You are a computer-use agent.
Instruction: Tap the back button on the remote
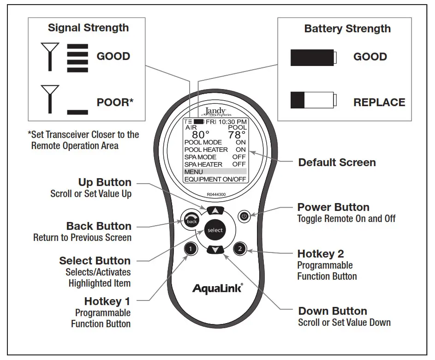(191, 221)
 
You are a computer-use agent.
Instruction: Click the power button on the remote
(244, 216)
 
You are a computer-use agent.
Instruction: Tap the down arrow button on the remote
(215, 250)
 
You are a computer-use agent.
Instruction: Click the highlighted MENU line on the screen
(215, 172)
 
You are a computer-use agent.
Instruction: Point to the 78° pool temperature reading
(237, 135)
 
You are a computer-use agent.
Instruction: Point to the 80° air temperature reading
(201, 135)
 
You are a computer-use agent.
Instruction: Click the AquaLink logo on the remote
(217, 288)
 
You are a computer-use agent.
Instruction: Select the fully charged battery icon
(313, 58)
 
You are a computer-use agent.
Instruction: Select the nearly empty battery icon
(313, 100)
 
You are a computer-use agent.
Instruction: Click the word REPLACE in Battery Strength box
(379, 102)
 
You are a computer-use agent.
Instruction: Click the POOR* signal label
(115, 102)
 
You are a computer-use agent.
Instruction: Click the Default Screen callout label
(337, 162)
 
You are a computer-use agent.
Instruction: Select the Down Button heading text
(333, 311)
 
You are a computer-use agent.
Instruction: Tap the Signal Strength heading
(88, 28)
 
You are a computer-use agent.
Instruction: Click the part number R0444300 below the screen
(215, 195)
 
